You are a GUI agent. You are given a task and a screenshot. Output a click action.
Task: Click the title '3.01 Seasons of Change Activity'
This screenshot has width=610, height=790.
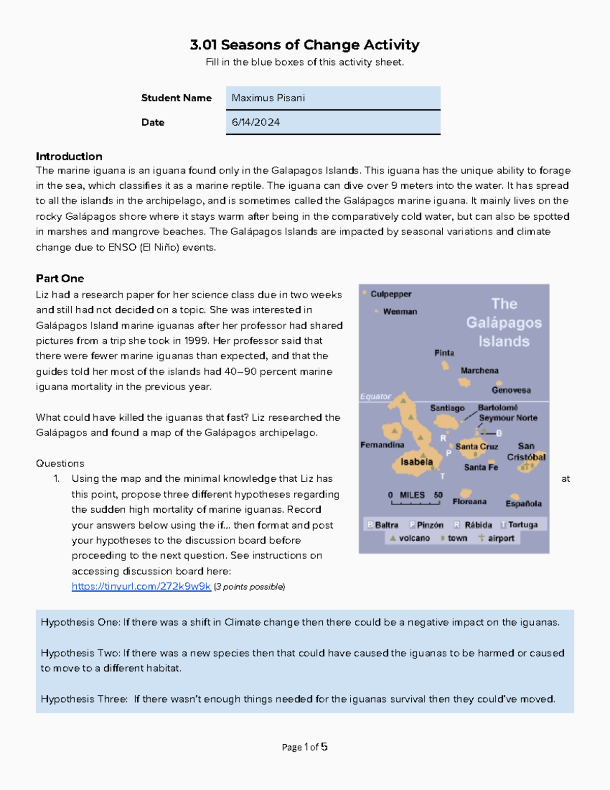click(x=304, y=45)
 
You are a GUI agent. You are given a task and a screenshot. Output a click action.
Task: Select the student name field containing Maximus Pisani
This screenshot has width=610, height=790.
click(x=332, y=98)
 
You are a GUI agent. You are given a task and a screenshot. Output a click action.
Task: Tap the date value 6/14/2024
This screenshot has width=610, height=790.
click(x=332, y=123)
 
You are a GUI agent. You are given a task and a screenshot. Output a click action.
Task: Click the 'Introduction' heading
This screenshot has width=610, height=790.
click(x=69, y=156)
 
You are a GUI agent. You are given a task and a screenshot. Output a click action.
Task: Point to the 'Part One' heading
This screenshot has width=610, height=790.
click(x=60, y=278)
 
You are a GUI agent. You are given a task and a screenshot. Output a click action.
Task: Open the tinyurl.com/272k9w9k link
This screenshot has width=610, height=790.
click(x=141, y=587)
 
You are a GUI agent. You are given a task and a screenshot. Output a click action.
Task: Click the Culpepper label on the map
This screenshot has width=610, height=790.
click(x=390, y=294)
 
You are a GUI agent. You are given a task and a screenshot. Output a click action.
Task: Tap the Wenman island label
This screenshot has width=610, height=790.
click(x=400, y=311)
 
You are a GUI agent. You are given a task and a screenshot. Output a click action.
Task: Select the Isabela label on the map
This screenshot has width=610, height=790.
click(x=416, y=462)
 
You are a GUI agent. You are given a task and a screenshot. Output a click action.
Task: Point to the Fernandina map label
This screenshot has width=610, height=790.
click(x=382, y=445)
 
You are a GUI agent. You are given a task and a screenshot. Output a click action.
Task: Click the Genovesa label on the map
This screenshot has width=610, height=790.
click(x=511, y=390)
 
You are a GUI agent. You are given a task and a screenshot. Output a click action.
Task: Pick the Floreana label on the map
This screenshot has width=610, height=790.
click(x=469, y=502)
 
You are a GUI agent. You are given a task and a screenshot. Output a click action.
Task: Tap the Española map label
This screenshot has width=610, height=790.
click(x=523, y=504)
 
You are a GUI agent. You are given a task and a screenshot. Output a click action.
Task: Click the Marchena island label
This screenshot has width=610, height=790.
click(x=479, y=370)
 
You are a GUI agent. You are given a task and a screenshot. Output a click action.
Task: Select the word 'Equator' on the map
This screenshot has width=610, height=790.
click(x=376, y=396)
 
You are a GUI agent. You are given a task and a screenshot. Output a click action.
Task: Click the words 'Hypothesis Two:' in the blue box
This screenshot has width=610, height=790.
click(x=81, y=653)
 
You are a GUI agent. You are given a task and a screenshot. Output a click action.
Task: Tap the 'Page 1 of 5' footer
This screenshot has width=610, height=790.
click(x=304, y=747)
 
